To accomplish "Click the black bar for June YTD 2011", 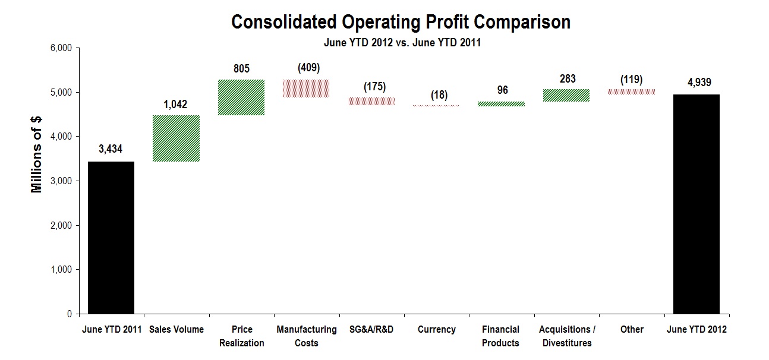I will (111, 238).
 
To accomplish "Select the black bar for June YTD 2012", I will (696, 204).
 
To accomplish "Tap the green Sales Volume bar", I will (176, 138).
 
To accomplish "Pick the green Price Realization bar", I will (241, 97).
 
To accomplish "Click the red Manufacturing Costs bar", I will (306, 89).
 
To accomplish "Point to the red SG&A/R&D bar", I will (371, 102).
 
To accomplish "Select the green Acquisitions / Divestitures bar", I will (567, 96).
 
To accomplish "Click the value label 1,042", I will (175, 105).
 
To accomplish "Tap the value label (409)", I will (307, 68).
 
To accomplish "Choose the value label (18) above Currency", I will (436, 95).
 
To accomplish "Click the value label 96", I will (501, 91).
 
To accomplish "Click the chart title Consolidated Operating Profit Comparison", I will (401, 23).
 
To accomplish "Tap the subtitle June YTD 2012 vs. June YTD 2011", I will (402, 43).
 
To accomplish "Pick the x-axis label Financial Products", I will (501, 336).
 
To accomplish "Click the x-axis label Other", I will (631, 329).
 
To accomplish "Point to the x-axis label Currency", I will (436, 329).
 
